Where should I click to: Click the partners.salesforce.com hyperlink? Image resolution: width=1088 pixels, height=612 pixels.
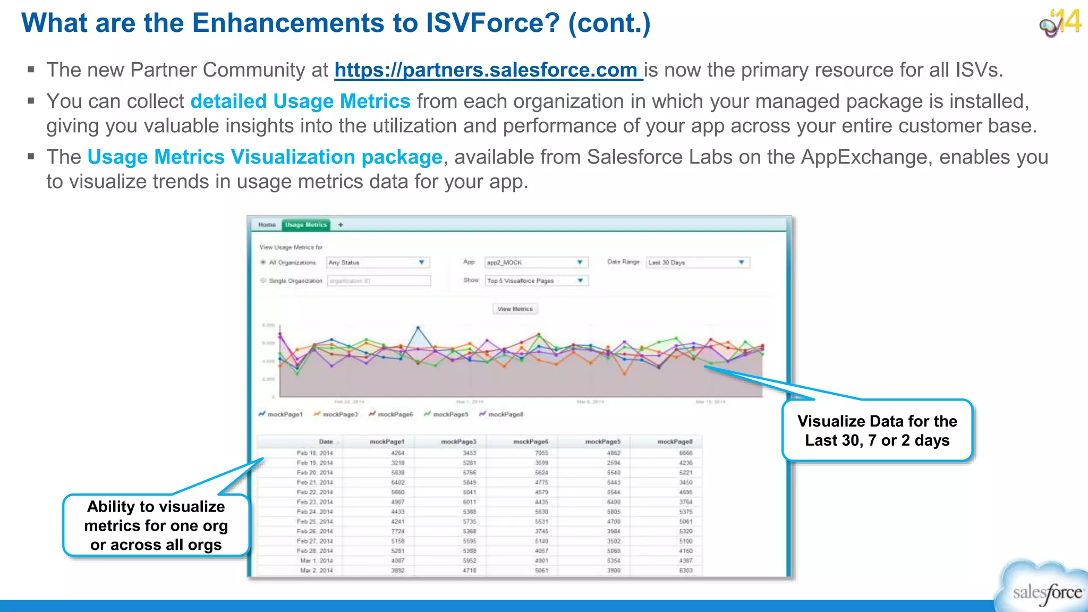click(488, 70)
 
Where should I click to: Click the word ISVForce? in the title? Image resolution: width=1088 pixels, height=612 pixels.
click(492, 23)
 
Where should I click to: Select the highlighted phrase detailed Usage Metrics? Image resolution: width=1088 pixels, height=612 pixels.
click(300, 101)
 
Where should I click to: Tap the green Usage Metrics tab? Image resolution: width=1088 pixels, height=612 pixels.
click(305, 225)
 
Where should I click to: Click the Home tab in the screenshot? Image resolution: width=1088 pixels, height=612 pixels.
click(267, 225)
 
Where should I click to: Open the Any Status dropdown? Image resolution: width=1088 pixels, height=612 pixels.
click(378, 262)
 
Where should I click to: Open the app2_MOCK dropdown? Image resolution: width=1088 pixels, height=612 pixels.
click(536, 262)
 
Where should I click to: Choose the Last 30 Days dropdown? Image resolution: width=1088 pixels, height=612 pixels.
click(697, 262)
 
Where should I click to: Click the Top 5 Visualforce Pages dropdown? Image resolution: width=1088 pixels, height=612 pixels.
click(536, 280)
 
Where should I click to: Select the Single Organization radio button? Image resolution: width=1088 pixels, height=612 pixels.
click(263, 280)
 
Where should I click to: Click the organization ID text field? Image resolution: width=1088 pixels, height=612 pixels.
click(378, 280)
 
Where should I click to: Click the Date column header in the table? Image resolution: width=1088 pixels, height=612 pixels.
click(325, 441)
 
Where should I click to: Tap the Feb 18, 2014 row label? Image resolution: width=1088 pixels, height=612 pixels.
click(314, 453)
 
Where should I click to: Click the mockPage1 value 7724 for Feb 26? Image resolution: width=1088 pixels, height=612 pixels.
click(397, 531)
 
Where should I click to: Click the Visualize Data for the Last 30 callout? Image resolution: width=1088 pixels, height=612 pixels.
click(877, 431)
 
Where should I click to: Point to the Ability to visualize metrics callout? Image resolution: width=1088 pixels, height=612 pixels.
click(156, 525)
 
